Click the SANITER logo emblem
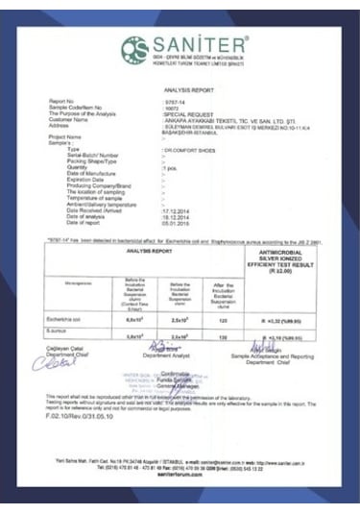click(132, 48)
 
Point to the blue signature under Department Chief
click(60, 364)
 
